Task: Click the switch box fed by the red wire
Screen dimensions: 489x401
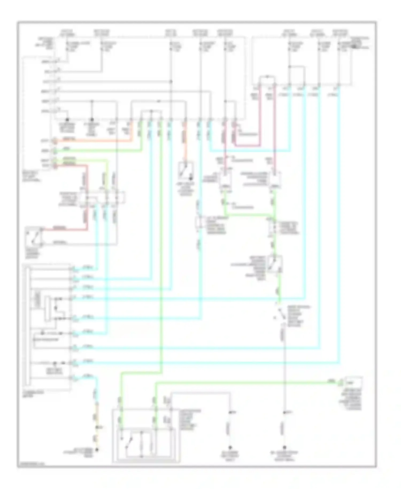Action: (34, 237)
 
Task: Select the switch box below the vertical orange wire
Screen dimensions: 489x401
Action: (186, 171)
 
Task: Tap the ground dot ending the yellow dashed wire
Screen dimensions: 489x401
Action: (97, 450)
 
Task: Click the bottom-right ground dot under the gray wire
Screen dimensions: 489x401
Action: (284, 447)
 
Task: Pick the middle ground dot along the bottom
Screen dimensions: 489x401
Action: (230, 447)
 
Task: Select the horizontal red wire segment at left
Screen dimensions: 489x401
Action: (64, 229)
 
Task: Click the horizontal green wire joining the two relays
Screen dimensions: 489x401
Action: (249, 215)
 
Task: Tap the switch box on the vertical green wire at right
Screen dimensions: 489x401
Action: (275, 264)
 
